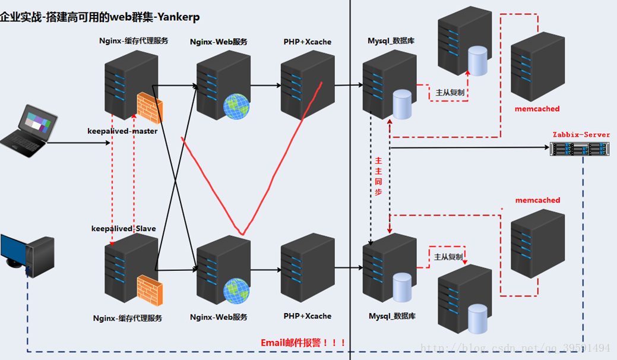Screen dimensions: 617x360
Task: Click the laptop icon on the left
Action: [29, 131]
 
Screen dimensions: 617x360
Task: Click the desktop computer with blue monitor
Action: [27, 255]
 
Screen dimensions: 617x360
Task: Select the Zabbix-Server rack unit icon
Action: [579, 149]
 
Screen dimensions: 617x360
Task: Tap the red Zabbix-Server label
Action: [581, 135]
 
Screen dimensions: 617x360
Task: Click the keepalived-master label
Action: [122, 131]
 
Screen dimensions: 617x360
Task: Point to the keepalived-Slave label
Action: [124, 229]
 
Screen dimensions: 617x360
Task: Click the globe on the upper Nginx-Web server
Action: [236, 106]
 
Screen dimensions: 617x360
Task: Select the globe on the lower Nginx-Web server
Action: [236, 291]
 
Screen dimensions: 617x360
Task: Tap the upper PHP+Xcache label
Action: [308, 42]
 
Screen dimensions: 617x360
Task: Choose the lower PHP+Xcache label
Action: [308, 316]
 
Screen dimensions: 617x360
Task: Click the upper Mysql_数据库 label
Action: [391, 40]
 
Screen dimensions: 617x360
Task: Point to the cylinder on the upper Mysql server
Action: [402, 105]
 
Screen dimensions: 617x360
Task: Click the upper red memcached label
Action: [537, 109]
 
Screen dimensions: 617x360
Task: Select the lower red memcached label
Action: [537, 200]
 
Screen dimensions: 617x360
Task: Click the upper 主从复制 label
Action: [450, 93]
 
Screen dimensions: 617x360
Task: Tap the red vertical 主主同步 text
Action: [378, 176]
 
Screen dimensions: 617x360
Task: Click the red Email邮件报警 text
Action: [303, 343]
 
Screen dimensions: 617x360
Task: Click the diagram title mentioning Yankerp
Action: [100, 17]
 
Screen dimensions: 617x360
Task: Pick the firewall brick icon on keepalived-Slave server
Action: [150, 290]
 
